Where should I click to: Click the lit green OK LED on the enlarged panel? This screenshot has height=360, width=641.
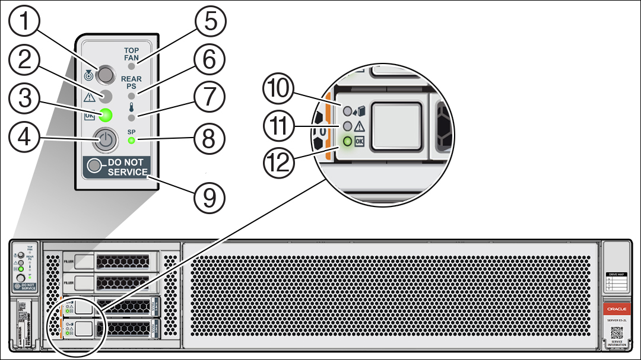pos(106,114)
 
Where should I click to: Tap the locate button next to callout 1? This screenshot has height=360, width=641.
pos(105,75)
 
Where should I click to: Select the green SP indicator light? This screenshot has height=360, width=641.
pos(131,141)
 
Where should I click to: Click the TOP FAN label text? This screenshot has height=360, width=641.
pos(131,55)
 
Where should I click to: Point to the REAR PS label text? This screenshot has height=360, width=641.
pos(131,82)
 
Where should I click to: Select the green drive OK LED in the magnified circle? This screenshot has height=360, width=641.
pos(347,142)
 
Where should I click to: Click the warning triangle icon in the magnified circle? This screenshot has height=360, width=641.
pos(359,126)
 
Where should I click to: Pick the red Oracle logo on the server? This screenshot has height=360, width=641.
pos(616,309)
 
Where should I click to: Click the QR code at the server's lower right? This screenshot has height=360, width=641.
pos(616,332)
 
